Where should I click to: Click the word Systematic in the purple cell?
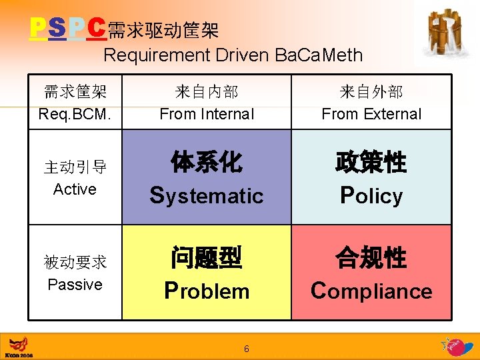(207, 196)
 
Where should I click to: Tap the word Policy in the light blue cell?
(371, 196)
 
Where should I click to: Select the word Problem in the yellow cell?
(207, 291)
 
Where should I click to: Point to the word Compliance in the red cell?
(371, 291)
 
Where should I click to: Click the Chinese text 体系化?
(207, 163)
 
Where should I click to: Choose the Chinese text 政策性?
(371, 163)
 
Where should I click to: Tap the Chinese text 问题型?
(207, 258)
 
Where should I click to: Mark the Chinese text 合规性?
(371, 258)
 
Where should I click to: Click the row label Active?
(75, 189)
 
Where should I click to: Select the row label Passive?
(75, 285)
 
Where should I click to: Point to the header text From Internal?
(207, 114)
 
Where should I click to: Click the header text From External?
(371, 114)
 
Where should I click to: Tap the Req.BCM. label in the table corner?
(75, 114)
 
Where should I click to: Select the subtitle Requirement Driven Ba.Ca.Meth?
(233, 55)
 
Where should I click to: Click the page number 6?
(247, 349)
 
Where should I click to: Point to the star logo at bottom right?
(457, 347)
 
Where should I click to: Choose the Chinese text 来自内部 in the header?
(207, 92)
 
